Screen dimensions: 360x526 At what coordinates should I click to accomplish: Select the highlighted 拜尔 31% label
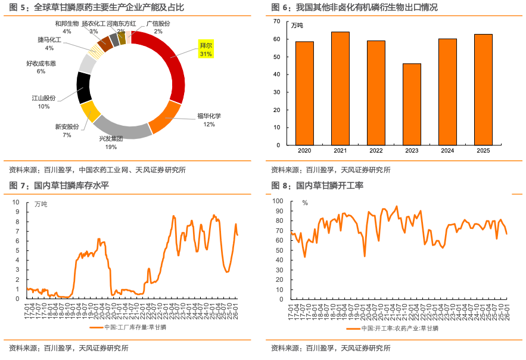coord(206,49)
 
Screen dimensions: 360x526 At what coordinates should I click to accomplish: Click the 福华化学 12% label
coord(209,120)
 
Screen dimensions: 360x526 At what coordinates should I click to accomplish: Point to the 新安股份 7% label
coord(67,131)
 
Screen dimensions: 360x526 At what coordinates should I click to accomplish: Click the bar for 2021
coord(340,88)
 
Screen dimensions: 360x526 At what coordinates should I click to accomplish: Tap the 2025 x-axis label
coord(483,151)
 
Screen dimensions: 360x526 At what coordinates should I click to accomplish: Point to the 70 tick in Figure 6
coord(276,21)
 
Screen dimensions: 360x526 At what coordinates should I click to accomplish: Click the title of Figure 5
coord(96,8)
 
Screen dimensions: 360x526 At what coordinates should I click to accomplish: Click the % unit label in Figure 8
coord(305,203)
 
